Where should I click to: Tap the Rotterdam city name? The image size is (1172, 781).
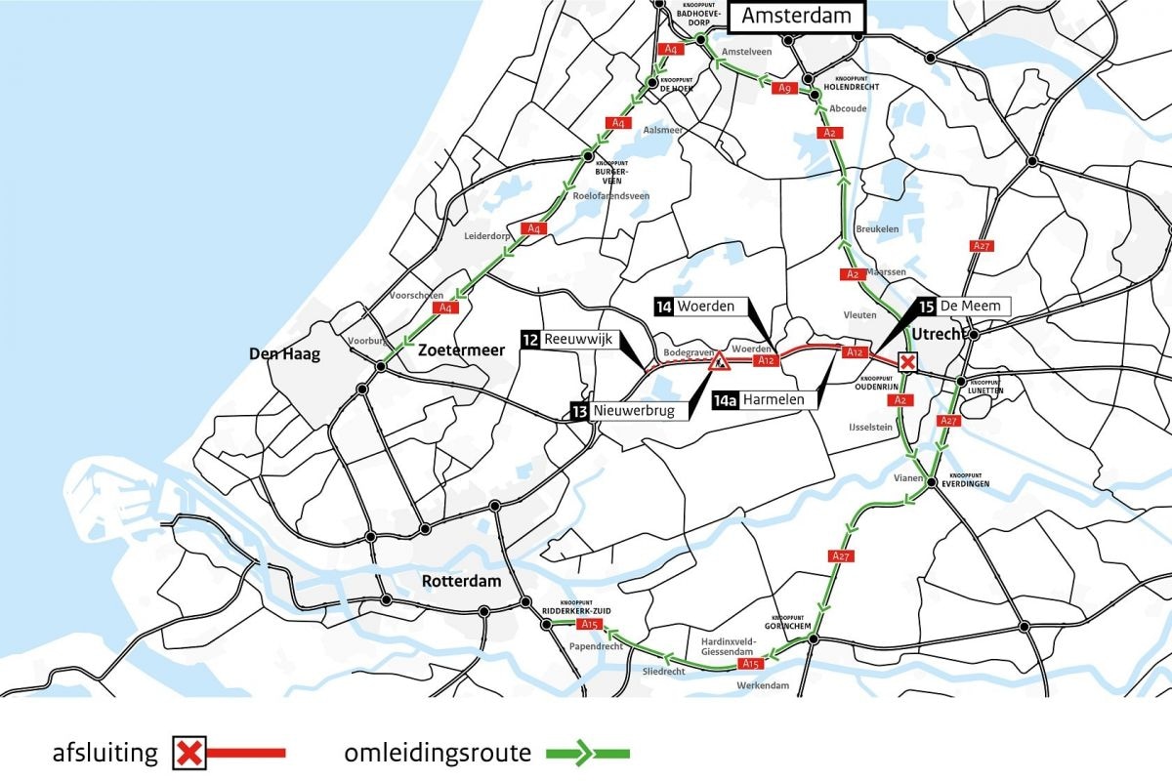461,581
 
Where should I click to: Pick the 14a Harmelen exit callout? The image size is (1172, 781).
764,399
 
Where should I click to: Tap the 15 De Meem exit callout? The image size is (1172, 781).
962,306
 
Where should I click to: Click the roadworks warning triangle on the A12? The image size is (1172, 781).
719,363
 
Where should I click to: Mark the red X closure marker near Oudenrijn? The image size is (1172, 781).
907,363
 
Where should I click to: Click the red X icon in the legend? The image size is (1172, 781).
188,754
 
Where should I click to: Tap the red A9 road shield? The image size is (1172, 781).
784,89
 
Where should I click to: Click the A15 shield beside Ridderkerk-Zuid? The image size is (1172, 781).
588,624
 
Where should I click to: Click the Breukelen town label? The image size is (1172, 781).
876,228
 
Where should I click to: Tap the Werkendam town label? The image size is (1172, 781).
765,685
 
